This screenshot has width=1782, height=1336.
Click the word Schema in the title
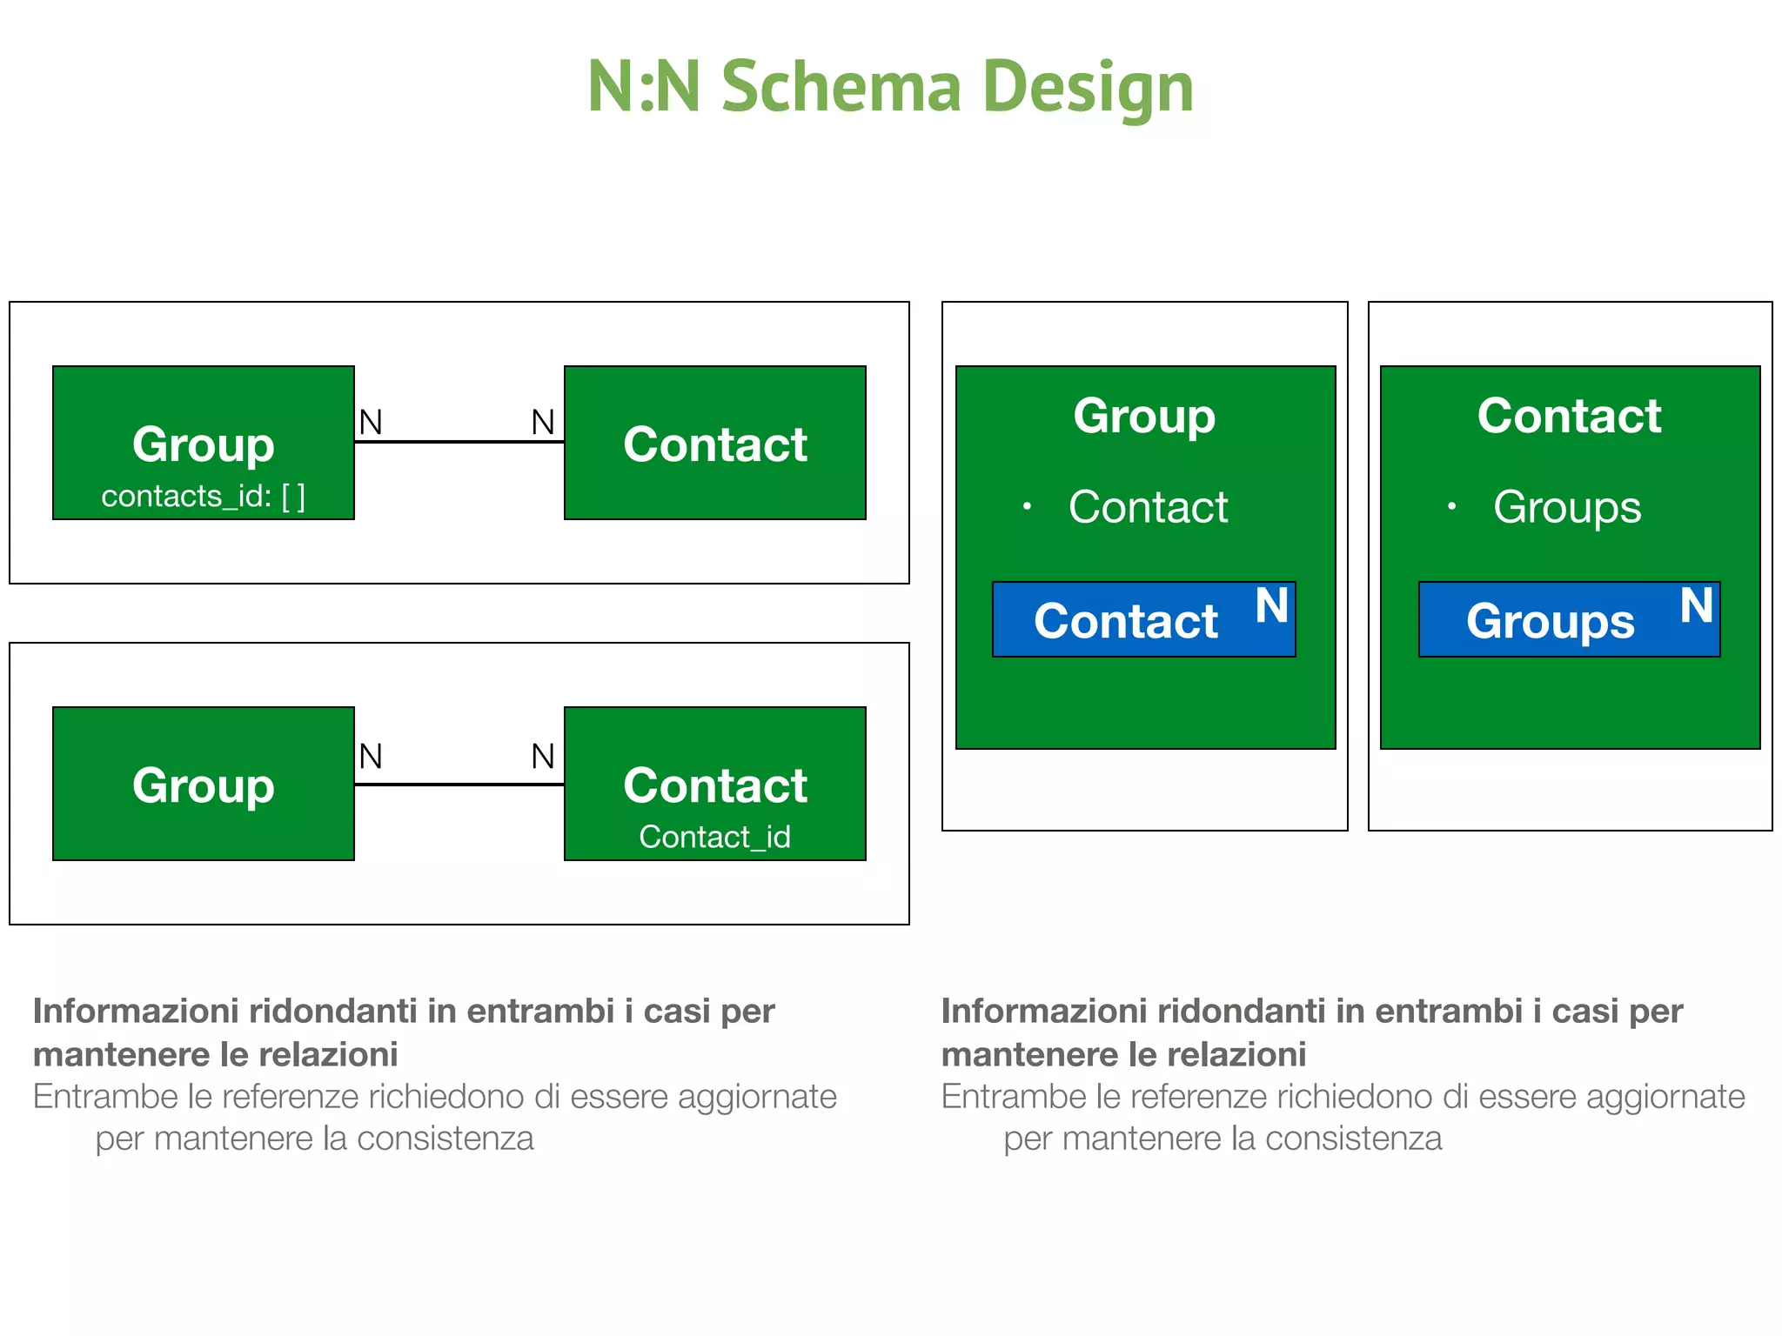841,87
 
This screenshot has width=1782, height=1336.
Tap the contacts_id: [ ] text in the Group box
203,497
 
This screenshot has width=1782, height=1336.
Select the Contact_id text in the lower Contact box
714,837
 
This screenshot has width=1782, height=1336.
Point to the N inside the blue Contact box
1271,605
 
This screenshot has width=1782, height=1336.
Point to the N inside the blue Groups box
1696,605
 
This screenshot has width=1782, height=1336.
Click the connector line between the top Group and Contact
459,442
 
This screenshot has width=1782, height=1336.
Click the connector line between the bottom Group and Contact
459,785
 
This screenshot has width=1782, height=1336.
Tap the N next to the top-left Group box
371,423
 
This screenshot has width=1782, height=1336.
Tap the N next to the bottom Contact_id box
543,757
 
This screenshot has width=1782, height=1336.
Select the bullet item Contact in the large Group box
1148,507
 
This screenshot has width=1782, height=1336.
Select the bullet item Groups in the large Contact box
1567,507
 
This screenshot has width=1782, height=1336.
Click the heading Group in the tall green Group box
1144,416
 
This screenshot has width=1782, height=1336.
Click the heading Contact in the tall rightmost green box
1569,416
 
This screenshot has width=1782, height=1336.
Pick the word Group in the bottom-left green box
203,785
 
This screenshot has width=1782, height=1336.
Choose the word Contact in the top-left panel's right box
714,444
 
